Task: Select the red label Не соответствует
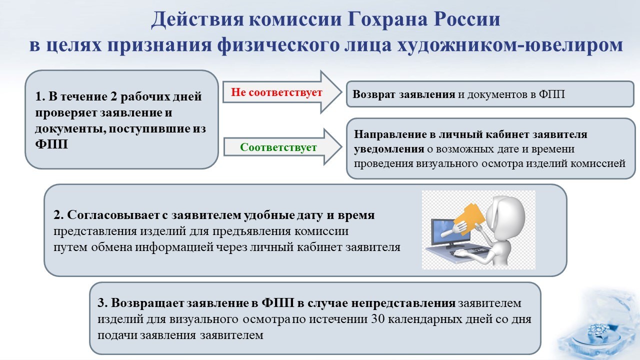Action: click(276, 92)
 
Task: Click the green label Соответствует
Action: click(278, 147)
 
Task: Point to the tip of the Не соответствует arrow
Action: click(342, 91)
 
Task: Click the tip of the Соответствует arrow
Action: click(342, 147)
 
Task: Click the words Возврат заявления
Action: click(403, 94)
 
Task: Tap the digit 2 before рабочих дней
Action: click(113, 96)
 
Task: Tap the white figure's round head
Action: click(505, 214)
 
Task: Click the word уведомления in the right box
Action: click(389, 149)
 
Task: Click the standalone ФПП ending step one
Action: click(51, 144)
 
